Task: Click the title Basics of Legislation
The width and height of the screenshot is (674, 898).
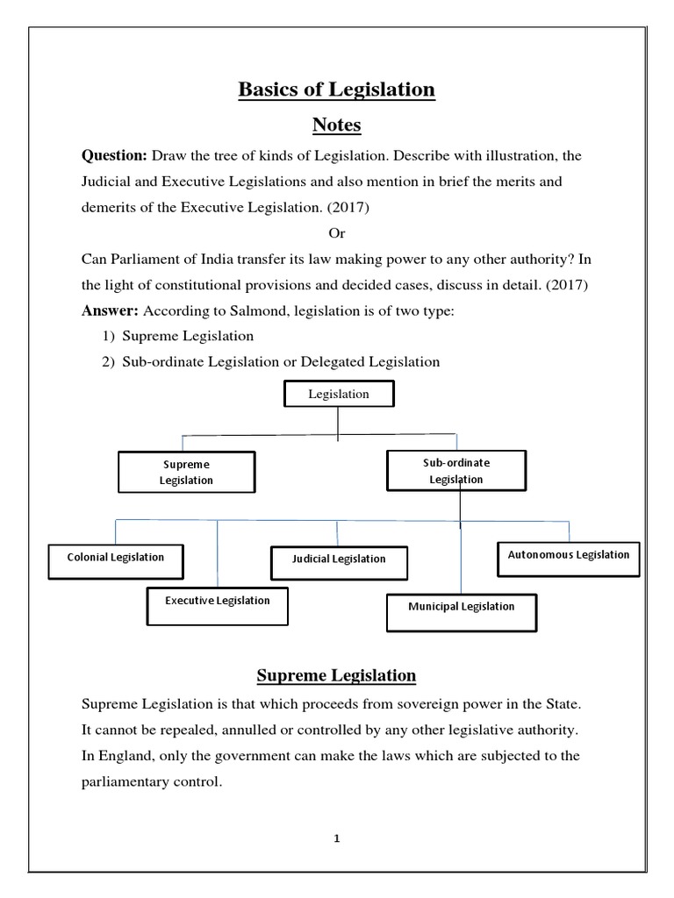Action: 337,89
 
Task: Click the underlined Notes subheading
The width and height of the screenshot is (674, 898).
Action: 337,125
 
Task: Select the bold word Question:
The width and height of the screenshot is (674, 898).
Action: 114,156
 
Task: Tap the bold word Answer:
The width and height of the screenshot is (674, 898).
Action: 111,311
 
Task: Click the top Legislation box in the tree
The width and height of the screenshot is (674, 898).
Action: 339,395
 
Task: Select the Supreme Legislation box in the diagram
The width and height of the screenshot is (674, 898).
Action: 187,473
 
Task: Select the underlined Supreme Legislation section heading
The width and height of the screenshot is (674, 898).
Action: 336,675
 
